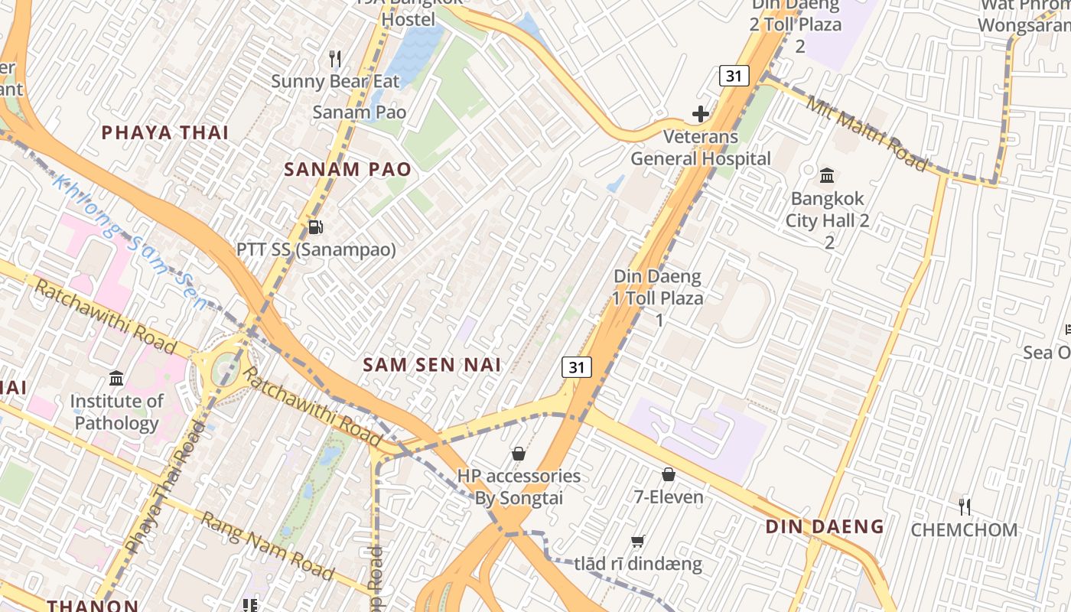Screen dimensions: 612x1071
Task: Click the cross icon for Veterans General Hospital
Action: (700, 115)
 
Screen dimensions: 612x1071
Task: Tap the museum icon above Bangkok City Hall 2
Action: (827, 176)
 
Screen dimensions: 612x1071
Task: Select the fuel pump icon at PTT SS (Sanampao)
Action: (314, 227)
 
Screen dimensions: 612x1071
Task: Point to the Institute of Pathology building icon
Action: (116, 378)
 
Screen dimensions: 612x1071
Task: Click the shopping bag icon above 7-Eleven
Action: (669, 474)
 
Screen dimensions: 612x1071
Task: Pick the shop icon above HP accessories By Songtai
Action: (519, 454)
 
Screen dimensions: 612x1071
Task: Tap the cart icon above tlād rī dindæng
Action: (637, 542)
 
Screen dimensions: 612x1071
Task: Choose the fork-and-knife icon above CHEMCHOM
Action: (965, 506)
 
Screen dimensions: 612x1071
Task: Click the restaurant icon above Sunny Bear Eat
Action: (334, 58)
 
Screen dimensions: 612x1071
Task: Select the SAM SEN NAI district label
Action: (432, 365)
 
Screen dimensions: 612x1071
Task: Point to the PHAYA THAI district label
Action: (165, 132)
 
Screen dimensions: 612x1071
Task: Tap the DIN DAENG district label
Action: (825, 526)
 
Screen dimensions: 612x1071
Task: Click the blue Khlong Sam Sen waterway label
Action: (130, 242)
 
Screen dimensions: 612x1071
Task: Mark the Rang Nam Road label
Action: (267, 546)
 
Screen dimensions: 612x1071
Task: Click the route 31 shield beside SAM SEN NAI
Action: (576, 367)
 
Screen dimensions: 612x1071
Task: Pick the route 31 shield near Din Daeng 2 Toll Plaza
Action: (734, 76)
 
